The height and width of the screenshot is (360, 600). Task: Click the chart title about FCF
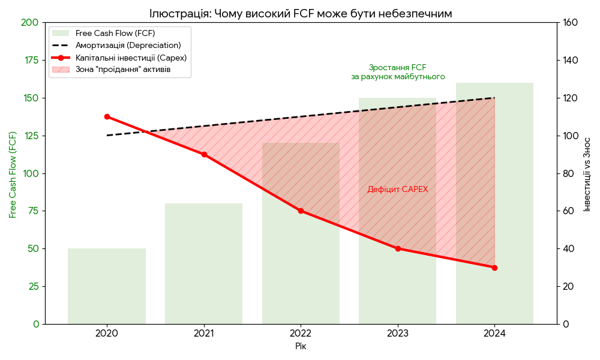pyautogui.click(x=301, y=13)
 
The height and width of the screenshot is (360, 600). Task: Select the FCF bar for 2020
pyautogui.click(x=107, y=286)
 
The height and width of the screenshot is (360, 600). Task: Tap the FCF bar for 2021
pyautogui.click(x=204, y=264)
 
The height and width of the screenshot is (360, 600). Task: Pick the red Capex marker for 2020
pyautogui.click(x=107, y=116)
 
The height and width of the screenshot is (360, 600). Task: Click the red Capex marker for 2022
pyautogui.click(x=301, y=211)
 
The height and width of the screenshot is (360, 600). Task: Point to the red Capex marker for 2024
pyautogui.click(x=494, y=268)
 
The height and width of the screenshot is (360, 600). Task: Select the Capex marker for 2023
pyautogui.click(x=398, y=248)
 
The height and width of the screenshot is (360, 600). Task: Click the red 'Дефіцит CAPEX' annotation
pyautogui.click(x=398, y=189)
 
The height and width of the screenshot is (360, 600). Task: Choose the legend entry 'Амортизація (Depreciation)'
pyautogui.click(x=128, y=46)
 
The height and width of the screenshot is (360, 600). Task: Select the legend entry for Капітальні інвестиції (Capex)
pyautogui.click(x=131, y=58)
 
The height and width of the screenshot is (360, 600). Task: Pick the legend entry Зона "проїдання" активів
pyautogui.click(x=122, y=70)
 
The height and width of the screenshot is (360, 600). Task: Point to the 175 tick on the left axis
pyautogui.click(x=31, y=60)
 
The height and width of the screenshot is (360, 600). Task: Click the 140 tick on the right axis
pyautogui.click(x=569, y=60)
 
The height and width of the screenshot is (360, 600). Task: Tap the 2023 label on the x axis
pyautogui.click(x=398, y=333)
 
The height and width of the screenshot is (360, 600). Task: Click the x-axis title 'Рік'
pyautogui.click(x=301, y=346)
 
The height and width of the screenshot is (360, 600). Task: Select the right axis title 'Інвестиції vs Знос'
pyautogui.click(x=587, y=173)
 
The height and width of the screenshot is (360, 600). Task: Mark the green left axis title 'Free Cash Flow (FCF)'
pyautogui.click(x=13, y=173)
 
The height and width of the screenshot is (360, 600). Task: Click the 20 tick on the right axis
pyautogui.click(x=567, y=286)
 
